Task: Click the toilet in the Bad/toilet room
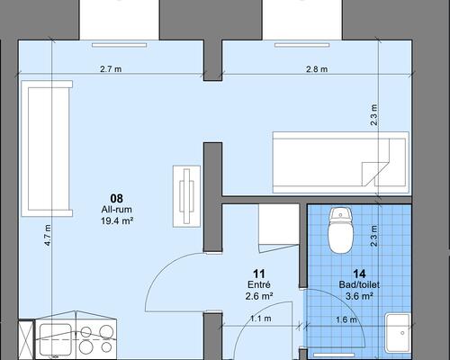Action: point(340,230)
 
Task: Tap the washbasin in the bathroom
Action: point(398,333)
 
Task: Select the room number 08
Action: point(117,198)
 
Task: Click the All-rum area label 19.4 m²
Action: point(117,221)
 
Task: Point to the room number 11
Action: point(259,274)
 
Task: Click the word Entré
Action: point(259,284)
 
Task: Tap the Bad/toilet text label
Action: point(359,284)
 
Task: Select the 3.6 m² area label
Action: point(359,296)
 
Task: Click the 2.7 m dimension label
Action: point(111,69)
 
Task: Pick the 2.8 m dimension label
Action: point(317,69)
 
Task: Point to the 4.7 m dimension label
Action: point(48,236)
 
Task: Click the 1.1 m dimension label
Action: point(261,319)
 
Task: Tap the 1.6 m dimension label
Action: point(346,319)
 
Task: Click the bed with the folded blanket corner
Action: point(341,162)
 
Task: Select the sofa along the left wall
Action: point(47,148)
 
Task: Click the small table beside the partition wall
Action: point(186,196)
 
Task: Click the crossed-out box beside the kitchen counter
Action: point(26,340)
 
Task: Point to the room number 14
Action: point(359,274)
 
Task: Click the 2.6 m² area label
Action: point(259,296)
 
